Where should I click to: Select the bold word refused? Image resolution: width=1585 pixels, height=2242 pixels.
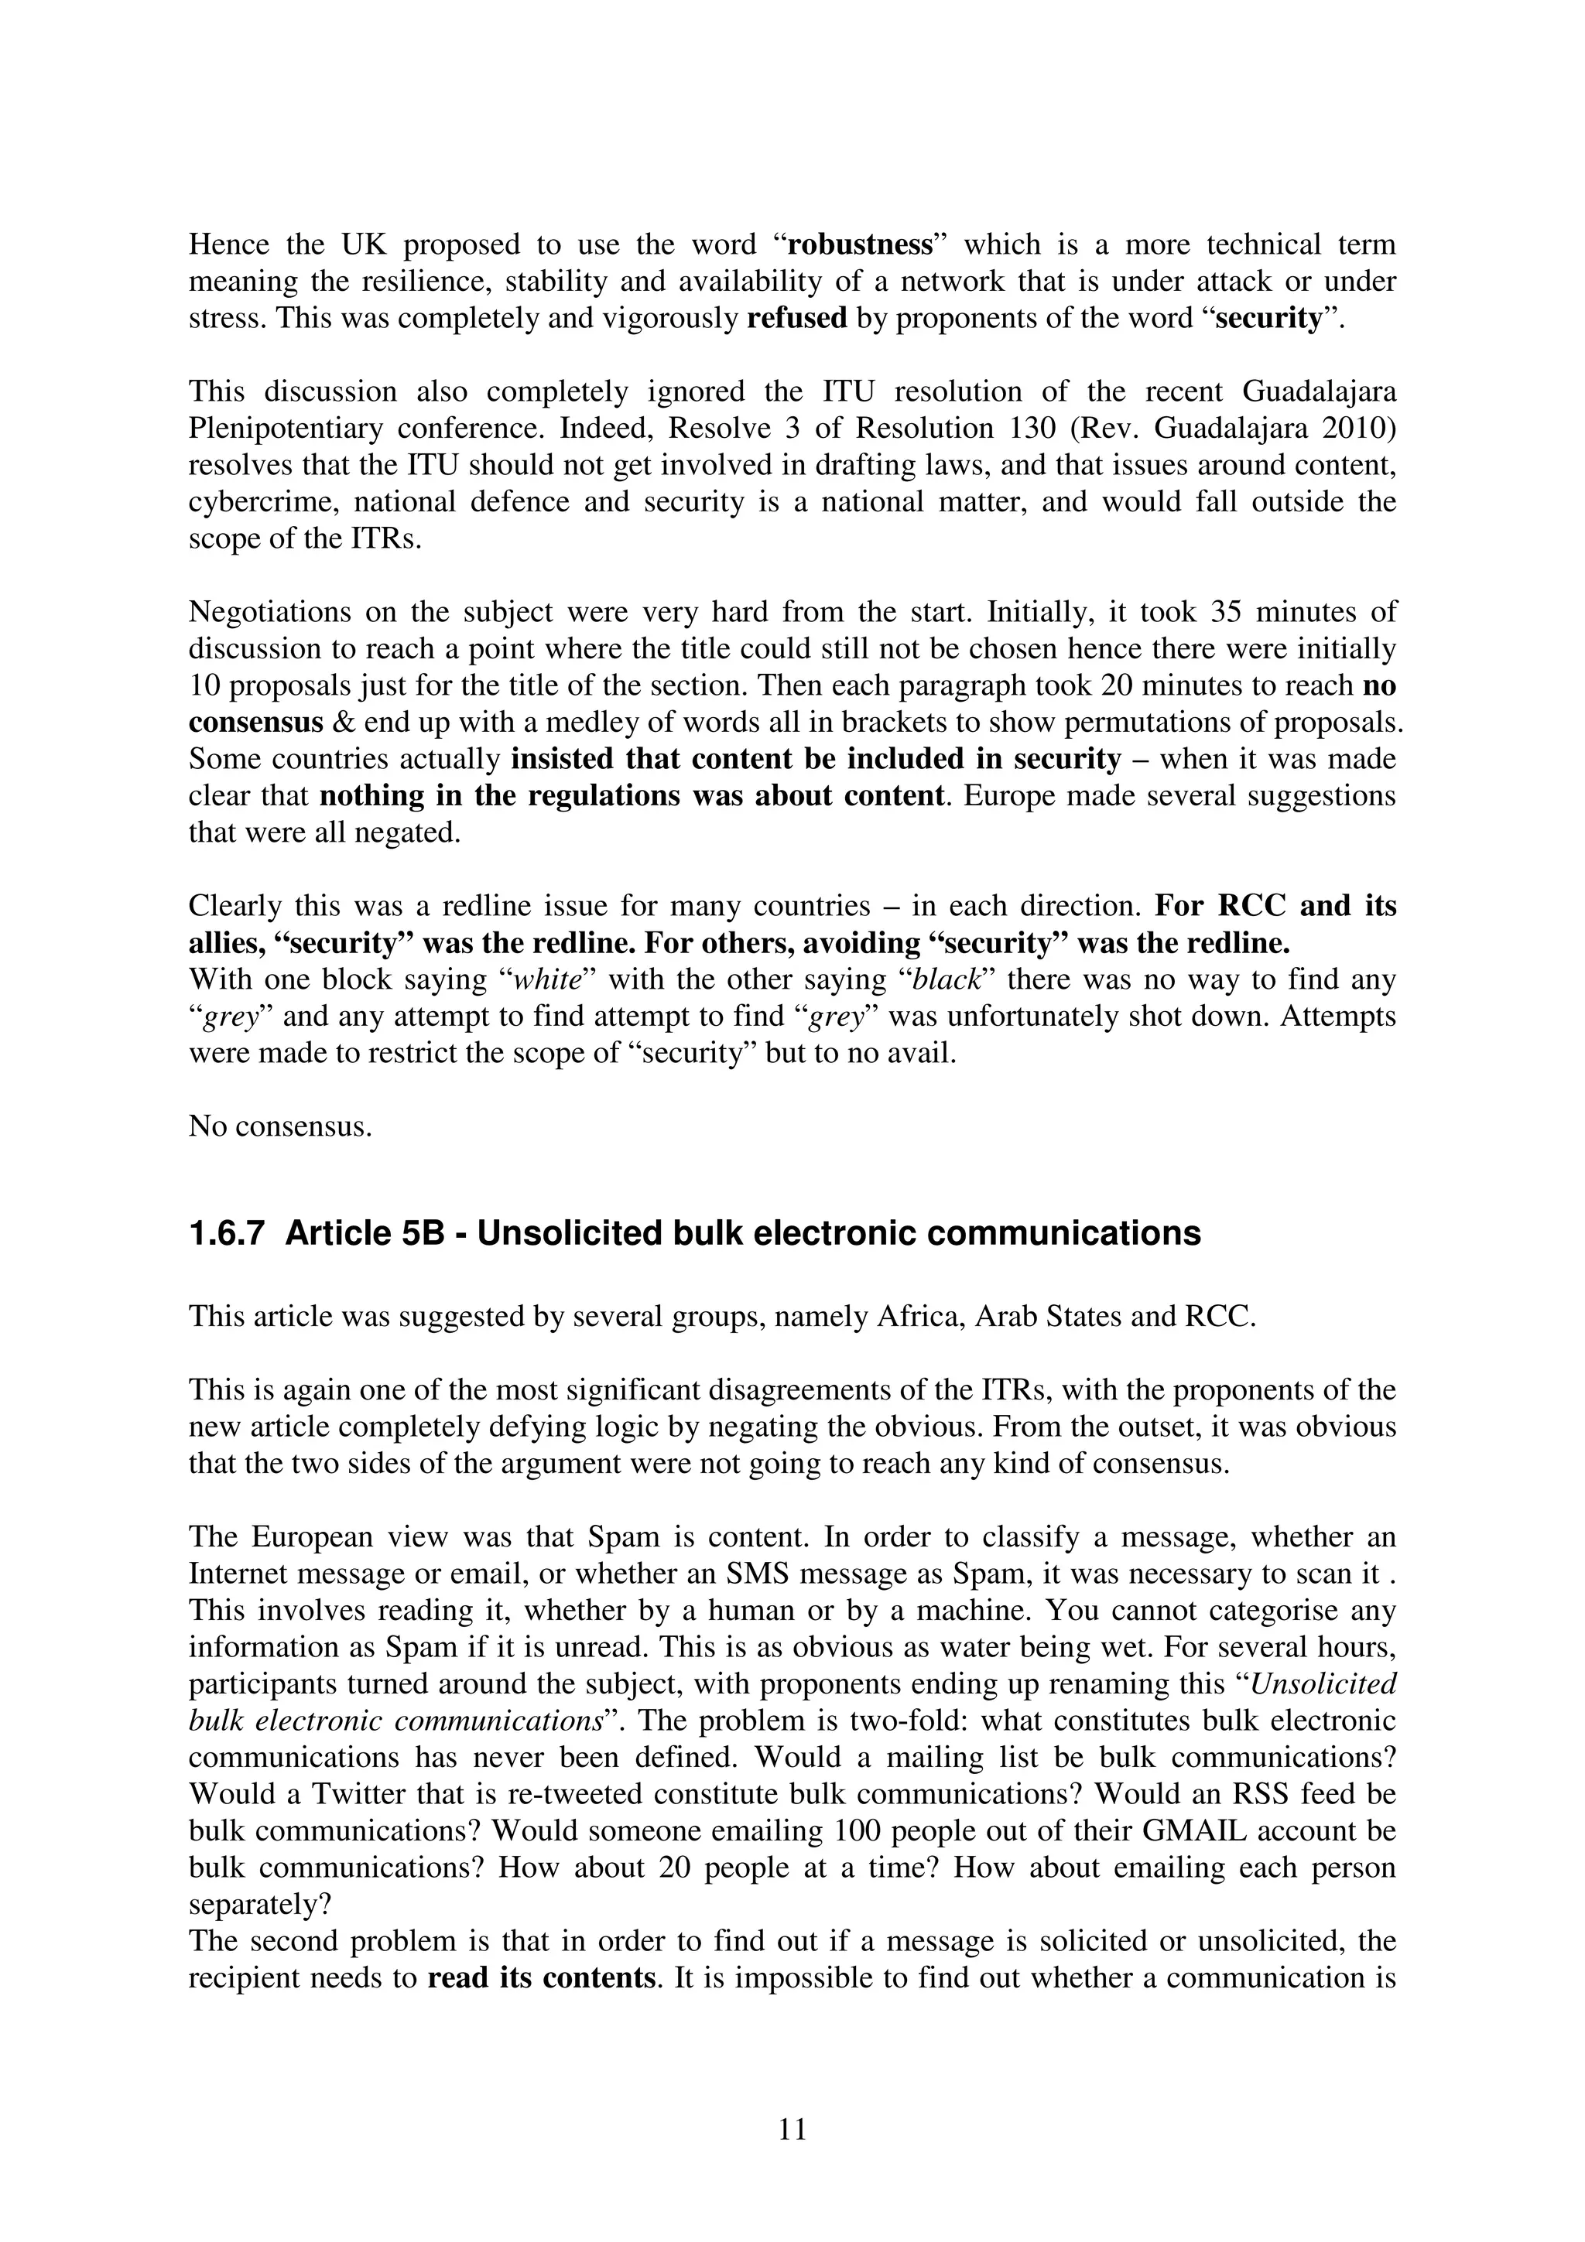click(797, 318)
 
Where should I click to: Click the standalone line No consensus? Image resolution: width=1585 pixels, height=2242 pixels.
click(280, 1127)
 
